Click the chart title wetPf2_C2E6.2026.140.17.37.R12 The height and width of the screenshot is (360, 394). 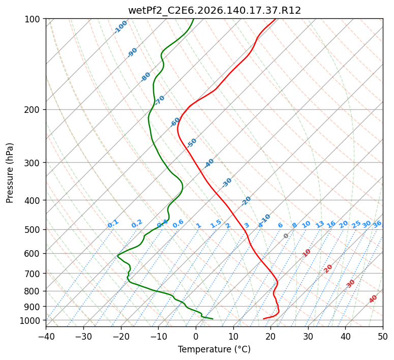(215, 11)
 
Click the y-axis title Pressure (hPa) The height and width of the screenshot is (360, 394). (10, 173)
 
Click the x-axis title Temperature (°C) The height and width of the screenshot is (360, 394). (215, 349)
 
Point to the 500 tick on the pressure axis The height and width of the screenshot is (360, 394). (34, 230)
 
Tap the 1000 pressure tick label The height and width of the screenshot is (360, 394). (32, 320)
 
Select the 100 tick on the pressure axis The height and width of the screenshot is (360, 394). (34, 19)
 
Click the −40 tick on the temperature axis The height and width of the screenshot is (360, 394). (46, 336)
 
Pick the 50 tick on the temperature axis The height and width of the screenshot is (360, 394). (383, 336)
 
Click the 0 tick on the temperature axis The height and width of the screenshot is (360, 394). (196, 336)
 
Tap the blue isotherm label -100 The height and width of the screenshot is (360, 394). (120, 27)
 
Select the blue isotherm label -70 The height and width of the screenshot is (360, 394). (160, 100)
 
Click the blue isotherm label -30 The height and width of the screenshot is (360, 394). (227, 183)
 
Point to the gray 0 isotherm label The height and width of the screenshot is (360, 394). (286, 236)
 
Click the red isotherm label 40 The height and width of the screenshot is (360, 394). (373, 299)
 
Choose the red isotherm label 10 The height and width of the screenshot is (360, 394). (306, 253)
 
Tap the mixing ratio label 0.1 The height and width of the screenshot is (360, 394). (113, 224)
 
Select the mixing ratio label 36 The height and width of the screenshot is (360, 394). (377, 224)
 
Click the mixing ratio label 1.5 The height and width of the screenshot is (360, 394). (216, 224)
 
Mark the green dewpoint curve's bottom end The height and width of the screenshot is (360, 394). (213, 319)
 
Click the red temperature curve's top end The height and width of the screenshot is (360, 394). (276, 19)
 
